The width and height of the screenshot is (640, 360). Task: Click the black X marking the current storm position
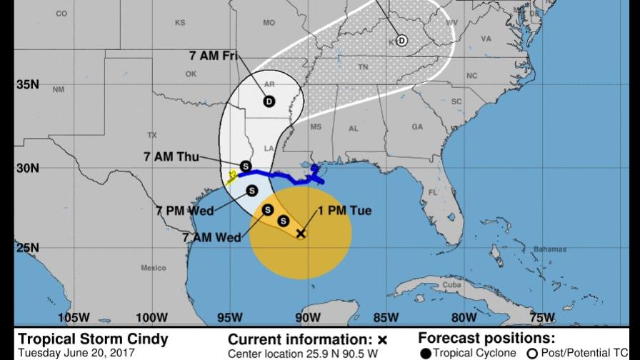tap(301, 234)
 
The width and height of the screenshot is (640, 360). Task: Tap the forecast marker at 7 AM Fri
tap(269, 101)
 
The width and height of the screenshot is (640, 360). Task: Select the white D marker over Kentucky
tap(401, 41)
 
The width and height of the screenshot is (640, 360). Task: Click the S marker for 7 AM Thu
tap(245, 166)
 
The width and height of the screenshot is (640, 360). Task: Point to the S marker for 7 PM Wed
tap(252, 190)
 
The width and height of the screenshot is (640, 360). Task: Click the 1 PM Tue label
tap(345, 211)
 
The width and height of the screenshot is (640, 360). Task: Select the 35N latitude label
tap(26, 85)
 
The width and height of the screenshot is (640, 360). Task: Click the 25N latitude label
tap(26, 248)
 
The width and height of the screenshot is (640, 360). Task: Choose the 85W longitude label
tap(386, 318)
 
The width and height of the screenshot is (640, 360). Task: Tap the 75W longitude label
tap(542, 318)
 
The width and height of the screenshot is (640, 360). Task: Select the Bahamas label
tap(549, 249)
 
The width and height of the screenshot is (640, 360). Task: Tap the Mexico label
tap(153, 268)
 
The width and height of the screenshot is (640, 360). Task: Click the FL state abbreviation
tap(433, 193)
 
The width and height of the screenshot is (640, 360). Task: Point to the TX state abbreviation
tap(151, 135)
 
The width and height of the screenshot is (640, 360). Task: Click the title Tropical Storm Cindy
tap(93, 339)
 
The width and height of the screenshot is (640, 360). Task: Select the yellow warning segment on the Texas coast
tap(231, 177)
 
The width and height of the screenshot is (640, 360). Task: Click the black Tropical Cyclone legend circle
tap(426, 354)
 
